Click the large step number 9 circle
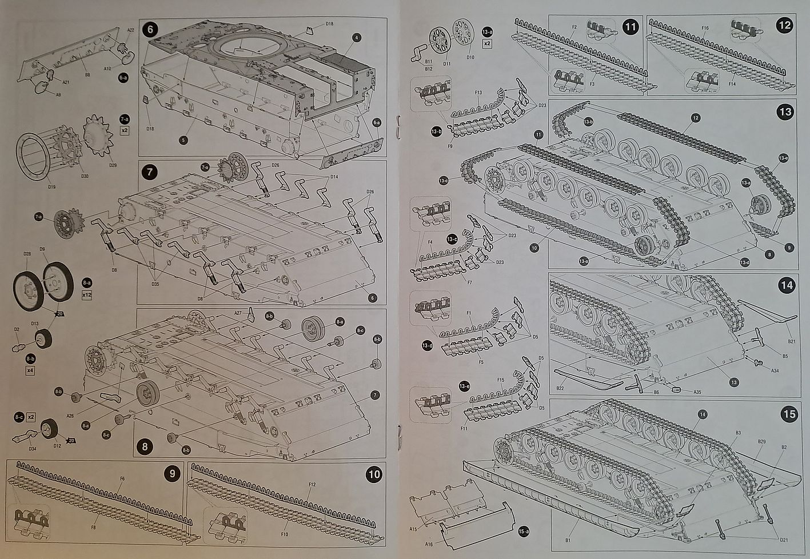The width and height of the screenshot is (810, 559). (171, 474)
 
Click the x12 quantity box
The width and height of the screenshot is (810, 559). (87, 295)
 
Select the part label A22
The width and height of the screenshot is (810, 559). (130, 30)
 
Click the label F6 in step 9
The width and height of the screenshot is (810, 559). (122, 478)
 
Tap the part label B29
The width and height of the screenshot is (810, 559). (761, 442)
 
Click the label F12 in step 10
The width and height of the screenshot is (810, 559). (312, 484)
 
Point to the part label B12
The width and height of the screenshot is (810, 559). (429, 69)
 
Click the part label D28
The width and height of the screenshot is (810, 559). (27, 254)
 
